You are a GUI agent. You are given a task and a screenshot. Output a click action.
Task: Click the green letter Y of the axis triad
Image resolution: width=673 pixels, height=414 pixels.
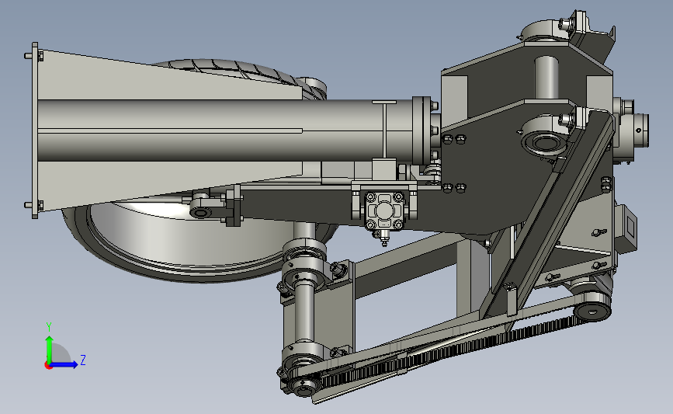click(49, 327)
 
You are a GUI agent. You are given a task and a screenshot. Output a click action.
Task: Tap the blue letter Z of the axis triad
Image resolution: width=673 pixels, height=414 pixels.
click(83, 360)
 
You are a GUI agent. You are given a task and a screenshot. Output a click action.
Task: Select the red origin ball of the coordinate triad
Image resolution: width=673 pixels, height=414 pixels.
click(48, 365)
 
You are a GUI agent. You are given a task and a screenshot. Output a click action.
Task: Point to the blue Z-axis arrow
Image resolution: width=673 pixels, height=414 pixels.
click(64, 364)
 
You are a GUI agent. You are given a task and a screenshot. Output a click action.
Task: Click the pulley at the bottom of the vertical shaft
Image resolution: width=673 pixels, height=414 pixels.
click(304, 388)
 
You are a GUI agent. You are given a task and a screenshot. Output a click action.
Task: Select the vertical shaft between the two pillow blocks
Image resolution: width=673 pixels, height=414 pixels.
click(304, 313)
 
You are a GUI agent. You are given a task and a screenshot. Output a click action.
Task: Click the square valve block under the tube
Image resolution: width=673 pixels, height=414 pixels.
click(384, 210)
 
